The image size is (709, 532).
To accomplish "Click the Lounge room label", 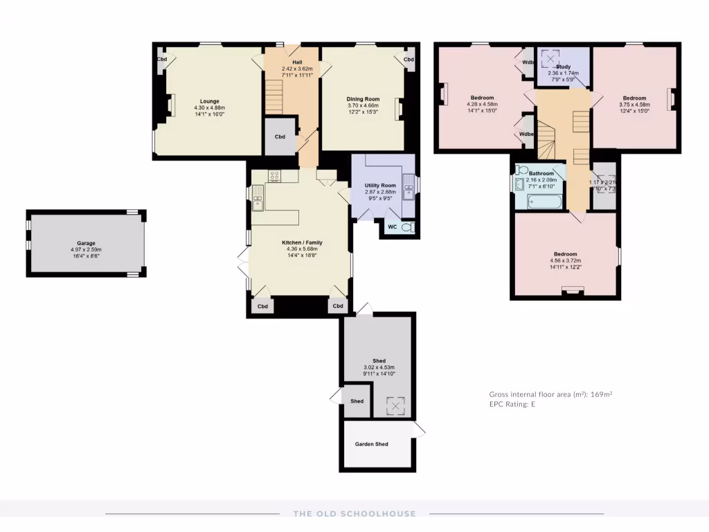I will click(210, 101).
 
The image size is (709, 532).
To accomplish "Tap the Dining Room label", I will click(363, 99).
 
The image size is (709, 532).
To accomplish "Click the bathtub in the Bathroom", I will click(544, 202).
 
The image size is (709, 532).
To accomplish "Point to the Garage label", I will click(86, 243).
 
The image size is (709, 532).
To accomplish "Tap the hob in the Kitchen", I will click(274, 176).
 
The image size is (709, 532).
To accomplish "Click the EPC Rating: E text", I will click(512, 404).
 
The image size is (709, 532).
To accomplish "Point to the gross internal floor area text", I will click(550, 393).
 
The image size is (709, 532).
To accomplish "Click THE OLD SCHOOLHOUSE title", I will click(354, 513).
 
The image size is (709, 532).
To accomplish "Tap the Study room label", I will click(563, 67).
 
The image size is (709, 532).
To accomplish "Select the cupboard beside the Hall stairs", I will click(280, 136).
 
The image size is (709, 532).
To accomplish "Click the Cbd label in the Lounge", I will click(161, 60).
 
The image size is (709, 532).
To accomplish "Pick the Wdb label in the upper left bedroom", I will click(528, 62).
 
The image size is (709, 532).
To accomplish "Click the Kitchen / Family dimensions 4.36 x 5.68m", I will click(302, 249).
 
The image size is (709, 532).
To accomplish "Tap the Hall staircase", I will click(275, 94).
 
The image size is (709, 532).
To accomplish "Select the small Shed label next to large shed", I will click(357, 401).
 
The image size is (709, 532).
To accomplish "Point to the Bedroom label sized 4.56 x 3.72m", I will click(564, 254).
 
